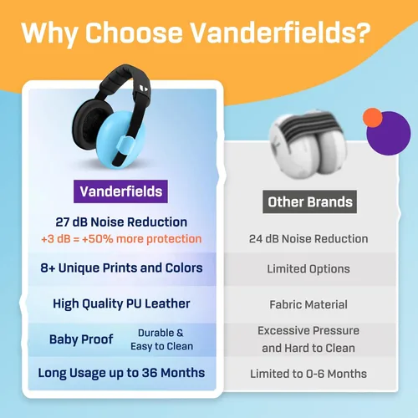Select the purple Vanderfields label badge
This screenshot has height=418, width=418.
(x=121, y=191)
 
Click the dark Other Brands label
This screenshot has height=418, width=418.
(x=309, y=201)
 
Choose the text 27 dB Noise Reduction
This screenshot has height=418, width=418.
(x=121, y=222)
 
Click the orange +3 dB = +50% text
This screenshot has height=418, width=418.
(x=121, y=238)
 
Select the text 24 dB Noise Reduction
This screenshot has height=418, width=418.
(x=308, y=238)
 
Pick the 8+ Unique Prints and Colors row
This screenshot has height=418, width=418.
(x=121, y=268)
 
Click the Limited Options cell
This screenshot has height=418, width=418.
(x=308, y=269)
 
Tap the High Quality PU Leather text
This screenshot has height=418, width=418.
(x=121, y=303)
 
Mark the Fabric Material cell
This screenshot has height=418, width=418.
(x=308, y=304)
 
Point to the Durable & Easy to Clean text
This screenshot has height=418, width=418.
(x=166, y=339)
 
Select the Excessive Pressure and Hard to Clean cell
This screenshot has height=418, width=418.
(x=308, y=339)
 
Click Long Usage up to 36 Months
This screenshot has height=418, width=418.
(x=121, y=373)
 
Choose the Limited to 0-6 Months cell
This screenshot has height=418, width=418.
(x=308, y=373)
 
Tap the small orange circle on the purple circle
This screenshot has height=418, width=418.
(x=373, y=119)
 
